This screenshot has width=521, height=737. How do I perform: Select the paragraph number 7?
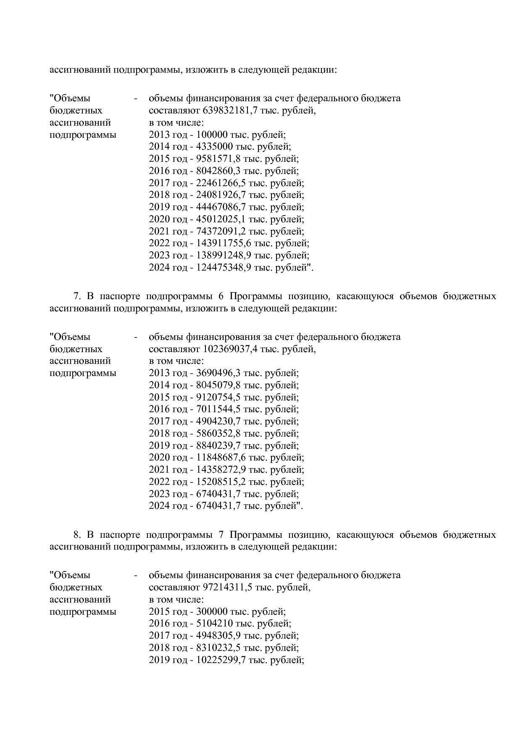[76, 296]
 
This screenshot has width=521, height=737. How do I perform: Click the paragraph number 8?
[76, 535]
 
